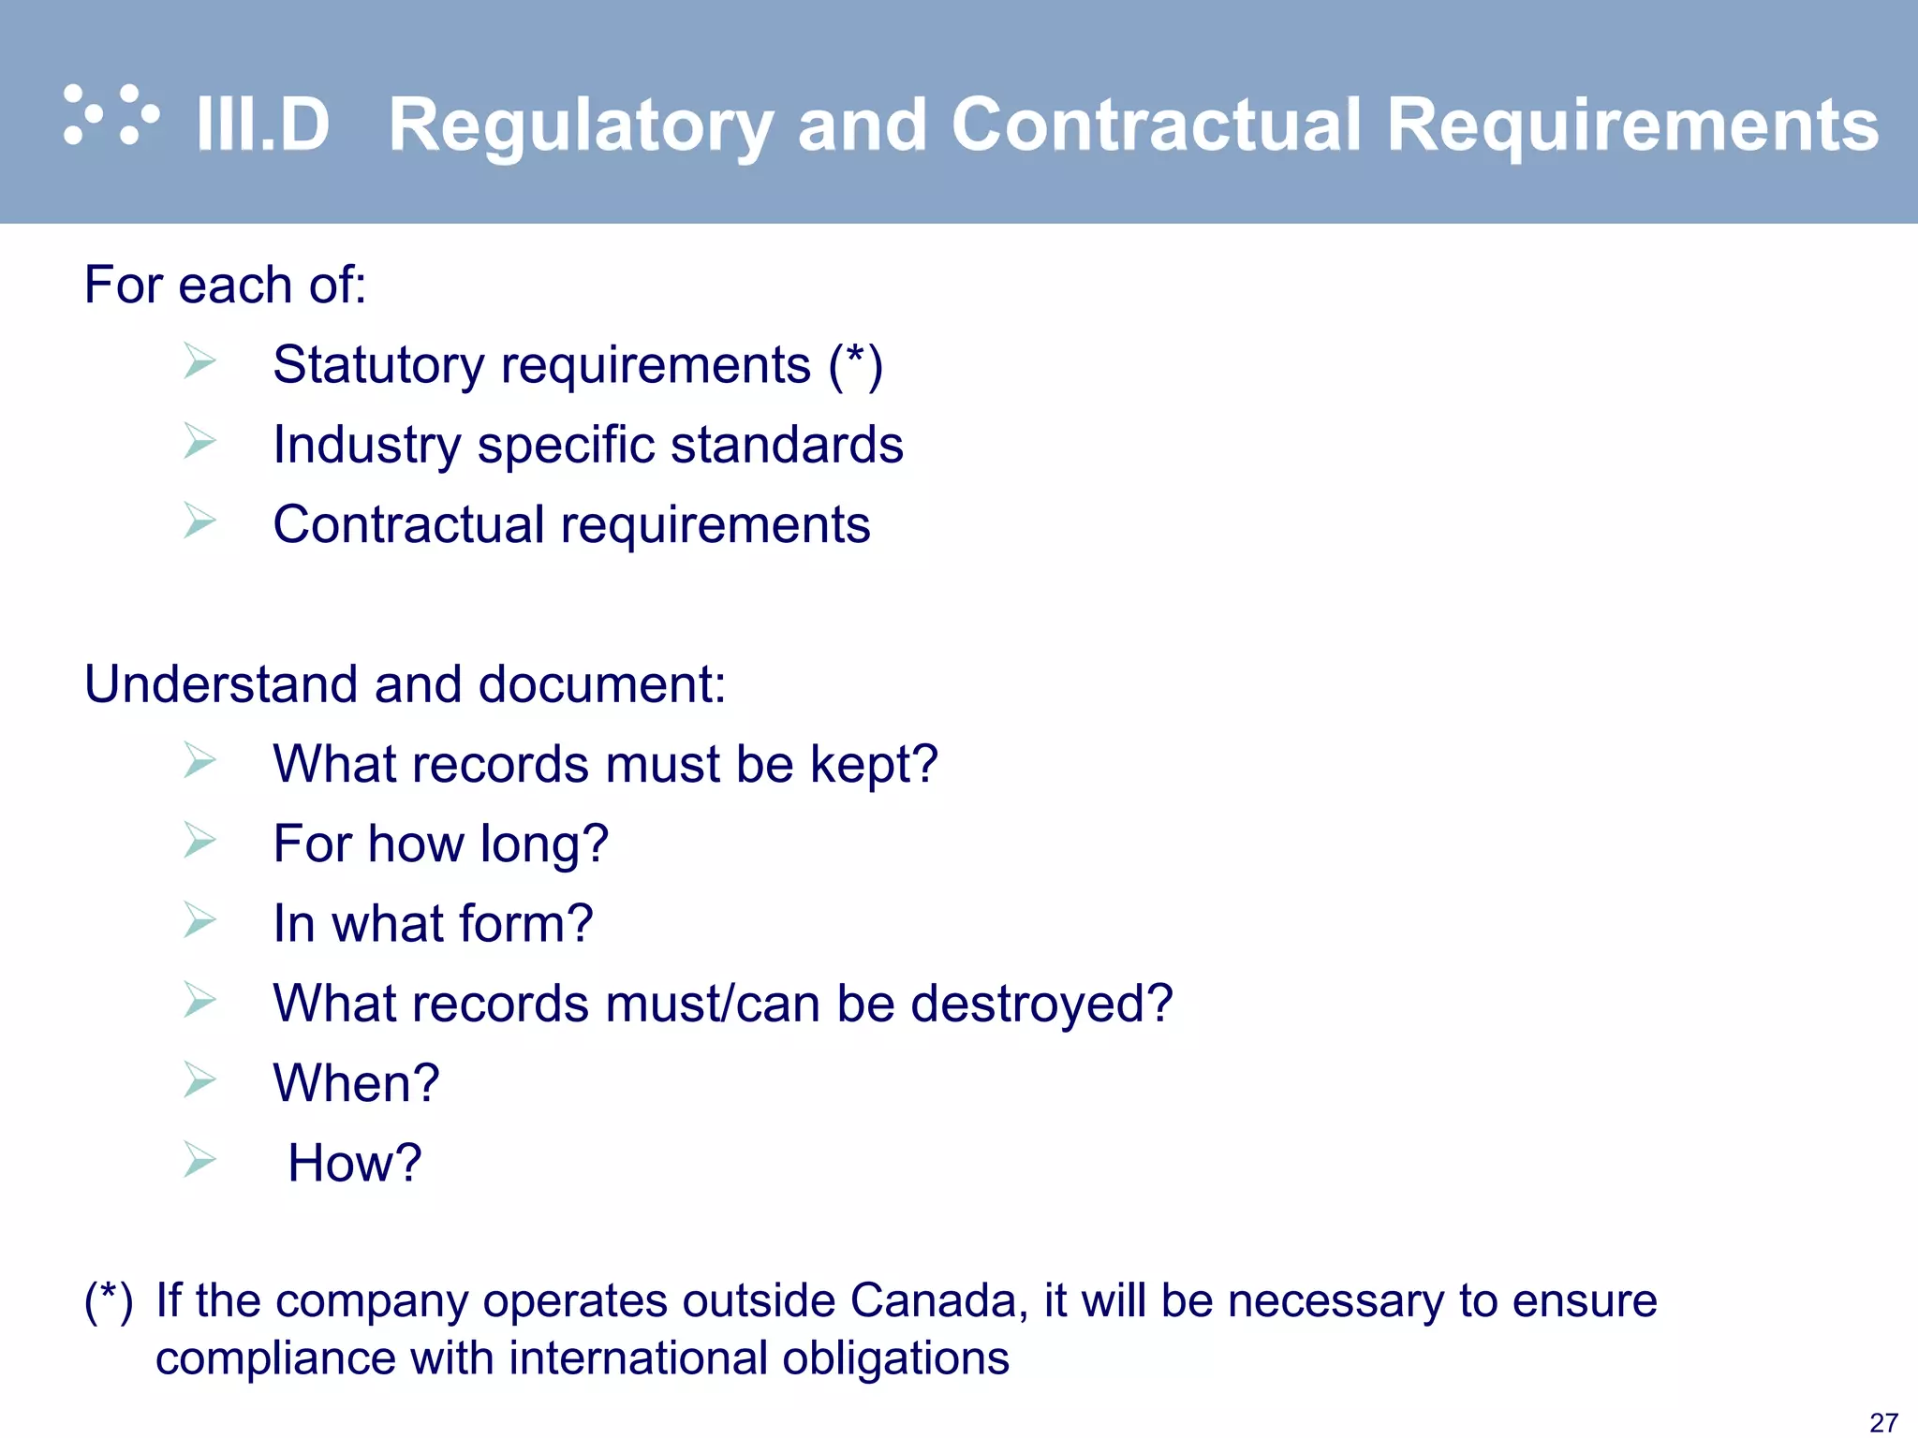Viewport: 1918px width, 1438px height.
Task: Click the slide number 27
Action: tap(1883, 1422)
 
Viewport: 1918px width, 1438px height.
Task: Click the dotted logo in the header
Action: tap(111, 116)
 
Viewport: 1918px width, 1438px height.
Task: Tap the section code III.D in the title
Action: tap(262, 125)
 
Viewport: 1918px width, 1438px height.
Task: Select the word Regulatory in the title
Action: tap(581, 126)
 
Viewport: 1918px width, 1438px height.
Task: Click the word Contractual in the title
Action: tap(1156, 125)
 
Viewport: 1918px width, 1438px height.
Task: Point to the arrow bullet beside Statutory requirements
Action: tap(199, 361)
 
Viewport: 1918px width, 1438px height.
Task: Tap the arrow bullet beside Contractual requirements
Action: tap(199, 521)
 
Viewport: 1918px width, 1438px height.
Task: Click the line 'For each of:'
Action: tap(225, 285)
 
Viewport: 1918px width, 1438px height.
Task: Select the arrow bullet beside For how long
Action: tap(199, 840)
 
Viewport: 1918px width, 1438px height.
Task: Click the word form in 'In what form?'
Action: tap(525, 924)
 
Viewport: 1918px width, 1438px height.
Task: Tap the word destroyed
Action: tap(1040, 1005)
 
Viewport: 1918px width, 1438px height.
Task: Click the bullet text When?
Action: tap(356, 1084)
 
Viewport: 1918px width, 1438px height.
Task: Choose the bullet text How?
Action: tap(355, 1164)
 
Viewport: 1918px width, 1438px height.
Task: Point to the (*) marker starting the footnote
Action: tap(109, 1301)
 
